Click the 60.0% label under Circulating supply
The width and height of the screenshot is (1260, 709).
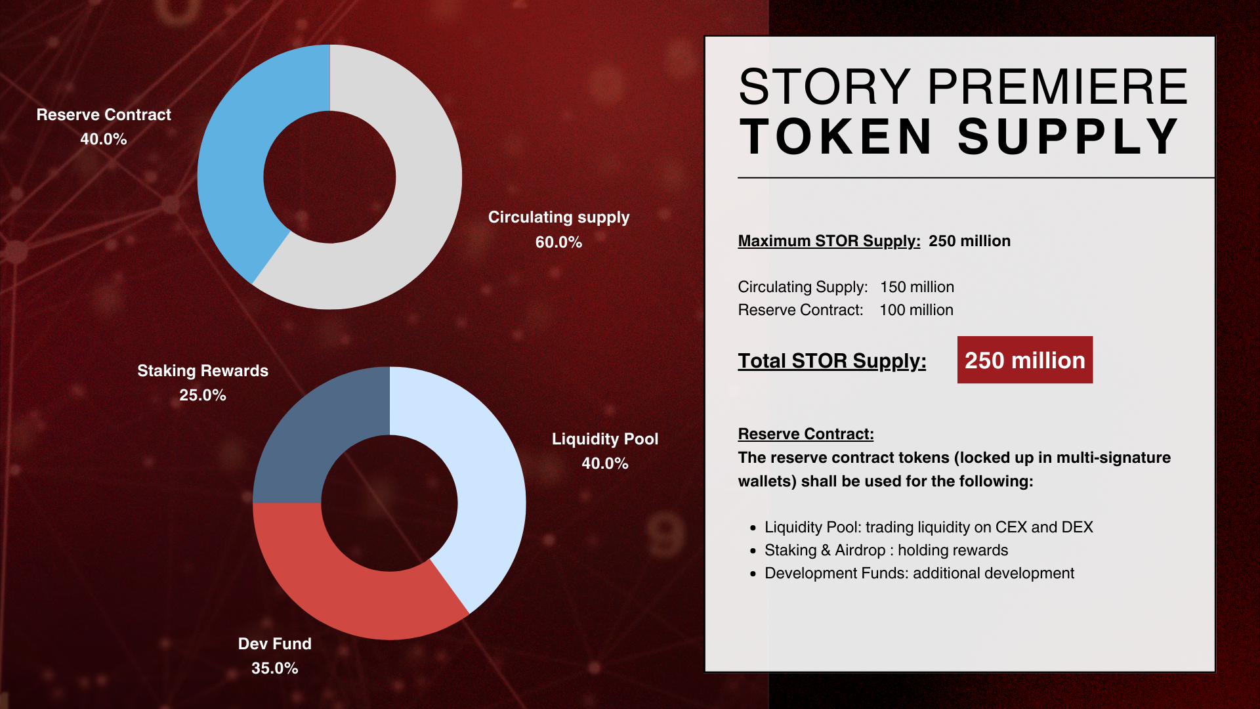(558, 242)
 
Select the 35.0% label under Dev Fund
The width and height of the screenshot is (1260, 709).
(274, 668)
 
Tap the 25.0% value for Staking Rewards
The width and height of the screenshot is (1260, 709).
(202, 395)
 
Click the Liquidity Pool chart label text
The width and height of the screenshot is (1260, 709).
(604, 439)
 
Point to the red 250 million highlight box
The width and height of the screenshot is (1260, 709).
(1025, 360)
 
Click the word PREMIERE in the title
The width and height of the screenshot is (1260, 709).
(1057, 87)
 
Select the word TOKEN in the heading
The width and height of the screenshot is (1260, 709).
(835, 137)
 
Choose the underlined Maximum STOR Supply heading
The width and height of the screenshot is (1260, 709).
(829, 241)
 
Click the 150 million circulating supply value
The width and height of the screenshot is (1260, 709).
(917, 287)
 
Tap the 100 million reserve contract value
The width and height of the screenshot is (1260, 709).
(916, 310)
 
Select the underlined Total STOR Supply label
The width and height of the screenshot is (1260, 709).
(831, 361)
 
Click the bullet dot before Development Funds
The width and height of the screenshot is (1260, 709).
(753, 574)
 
